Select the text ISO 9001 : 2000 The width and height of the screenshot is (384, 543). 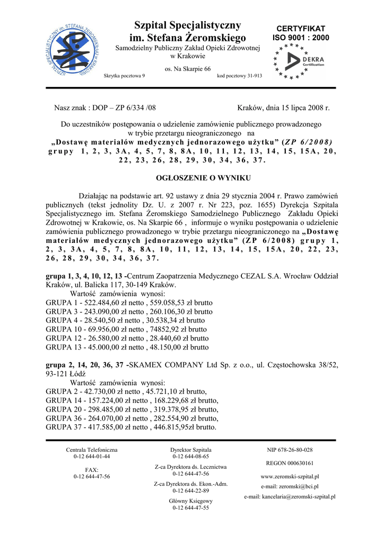(301, 38)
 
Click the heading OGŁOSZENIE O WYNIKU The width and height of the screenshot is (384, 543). (191, 178)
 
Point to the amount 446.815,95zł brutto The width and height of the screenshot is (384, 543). (184, 427)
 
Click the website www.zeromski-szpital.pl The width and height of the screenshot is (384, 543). (290, 477)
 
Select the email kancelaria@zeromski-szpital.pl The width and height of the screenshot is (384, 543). (290, 497)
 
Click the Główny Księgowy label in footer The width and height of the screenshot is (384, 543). (191, 501)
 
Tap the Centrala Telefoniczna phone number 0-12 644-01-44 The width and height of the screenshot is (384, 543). (92, 456)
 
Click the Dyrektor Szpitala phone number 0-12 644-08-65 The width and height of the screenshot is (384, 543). (191, 456)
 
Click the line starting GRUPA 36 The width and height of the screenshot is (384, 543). (132, 418)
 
